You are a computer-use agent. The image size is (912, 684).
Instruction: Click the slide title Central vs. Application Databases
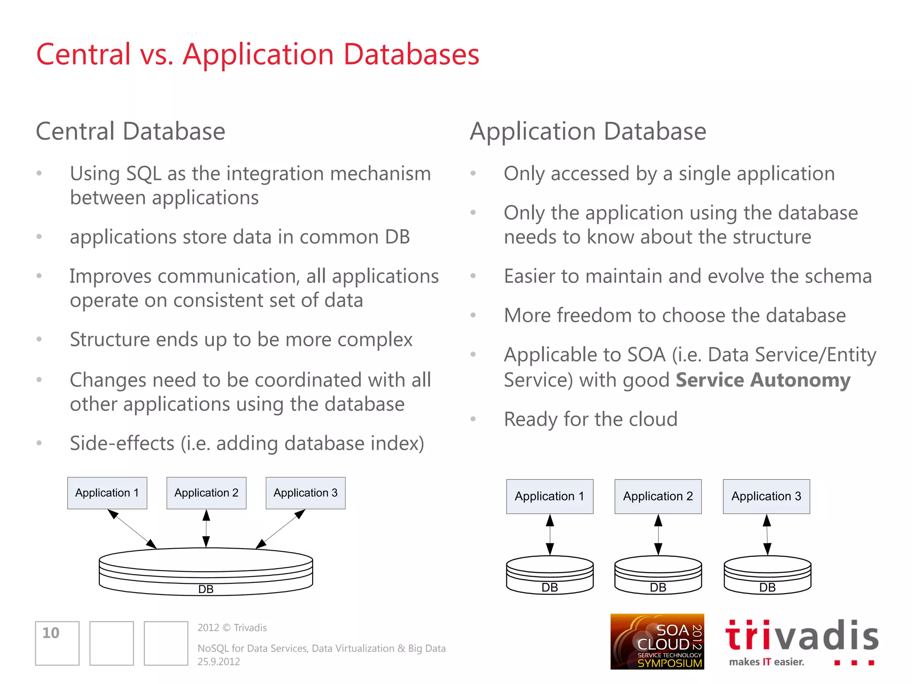(257, 55)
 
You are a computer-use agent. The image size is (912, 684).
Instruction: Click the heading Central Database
(130, 132)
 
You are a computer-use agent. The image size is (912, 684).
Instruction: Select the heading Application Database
(588, 132)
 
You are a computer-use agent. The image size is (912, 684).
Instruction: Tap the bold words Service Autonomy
(763, 380)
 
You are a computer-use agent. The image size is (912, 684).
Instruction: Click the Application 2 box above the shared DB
(206, 493)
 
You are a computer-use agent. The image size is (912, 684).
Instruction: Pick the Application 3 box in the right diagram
(766, 497)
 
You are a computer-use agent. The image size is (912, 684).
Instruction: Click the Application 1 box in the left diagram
(107, 493)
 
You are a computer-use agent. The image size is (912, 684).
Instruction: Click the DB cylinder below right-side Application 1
(550, 575)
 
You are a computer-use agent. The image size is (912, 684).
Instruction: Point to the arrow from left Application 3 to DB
(281, 529)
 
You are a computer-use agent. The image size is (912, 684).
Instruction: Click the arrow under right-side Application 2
(658, 534)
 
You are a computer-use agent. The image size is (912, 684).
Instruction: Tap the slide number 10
(51, 633)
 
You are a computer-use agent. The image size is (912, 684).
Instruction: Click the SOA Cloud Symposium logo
(657, 641)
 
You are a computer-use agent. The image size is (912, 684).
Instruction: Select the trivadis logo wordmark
(802, 636)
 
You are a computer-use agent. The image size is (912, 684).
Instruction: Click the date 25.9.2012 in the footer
(219, 662)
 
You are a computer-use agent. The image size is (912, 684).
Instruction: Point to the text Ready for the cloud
(590, 419)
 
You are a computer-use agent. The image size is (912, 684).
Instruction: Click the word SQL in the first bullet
(144, 174)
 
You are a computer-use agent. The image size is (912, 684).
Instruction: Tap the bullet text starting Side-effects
(247, 444)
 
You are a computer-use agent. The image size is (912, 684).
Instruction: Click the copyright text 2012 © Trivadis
(232, 628)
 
